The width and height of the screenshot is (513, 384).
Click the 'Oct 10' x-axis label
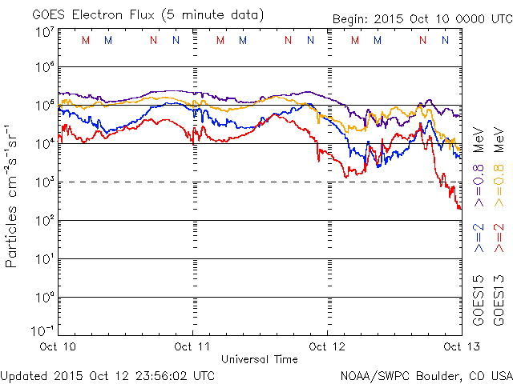[x=58, y=346]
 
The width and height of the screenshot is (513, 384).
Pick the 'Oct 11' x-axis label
[x=192, y=346]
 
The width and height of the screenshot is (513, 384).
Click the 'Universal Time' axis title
[x=259, y=359]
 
